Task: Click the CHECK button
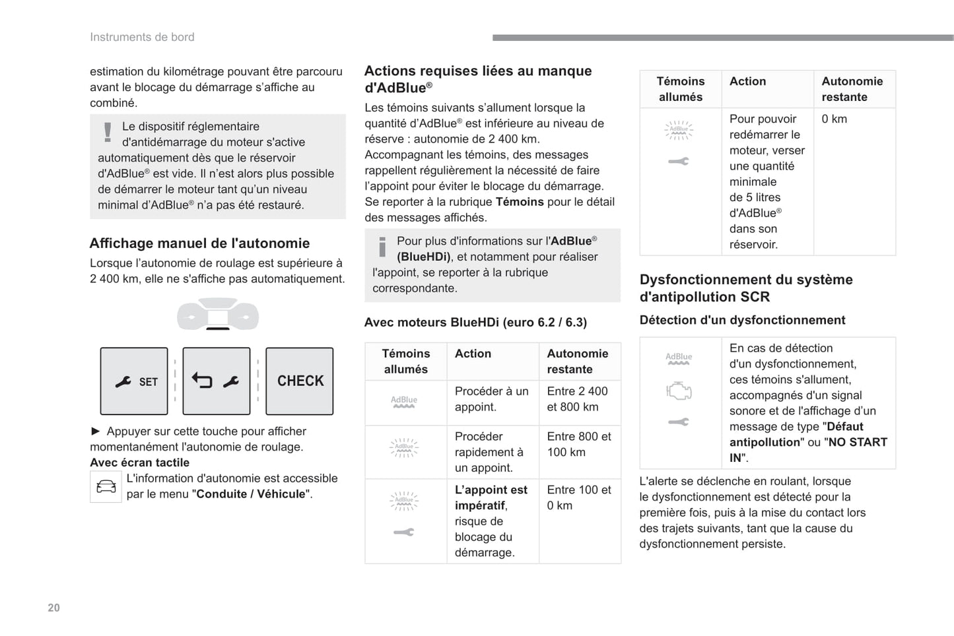[x=300, y=381]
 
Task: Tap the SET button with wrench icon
[x=134, y=381]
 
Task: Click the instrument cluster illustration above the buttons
[x=217, y=315]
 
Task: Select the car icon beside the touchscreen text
[x=106, y=487]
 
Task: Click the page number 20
[x=53, y=608]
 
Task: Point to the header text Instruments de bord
[x=142, y=37]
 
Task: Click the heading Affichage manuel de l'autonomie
[x=199, y=243]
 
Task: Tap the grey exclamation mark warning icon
[x=108, y=132]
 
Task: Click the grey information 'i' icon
[x=382, y=247]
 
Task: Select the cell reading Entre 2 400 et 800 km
[x=577, y=399]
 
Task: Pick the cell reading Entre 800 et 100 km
[x=578, y=444]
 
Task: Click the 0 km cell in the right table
[x=834, y=119]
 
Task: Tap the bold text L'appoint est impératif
[x=491, y=497]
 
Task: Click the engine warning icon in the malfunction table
[x=679, y=391]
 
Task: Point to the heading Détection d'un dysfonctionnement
[x=742, y=320]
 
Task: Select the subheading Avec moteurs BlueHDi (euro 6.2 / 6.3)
[x=475, y=323]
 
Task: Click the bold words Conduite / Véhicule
[x=251, y=494]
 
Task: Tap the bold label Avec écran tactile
[x=139, y=462]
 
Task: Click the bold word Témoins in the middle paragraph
[x=520, y=202]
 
